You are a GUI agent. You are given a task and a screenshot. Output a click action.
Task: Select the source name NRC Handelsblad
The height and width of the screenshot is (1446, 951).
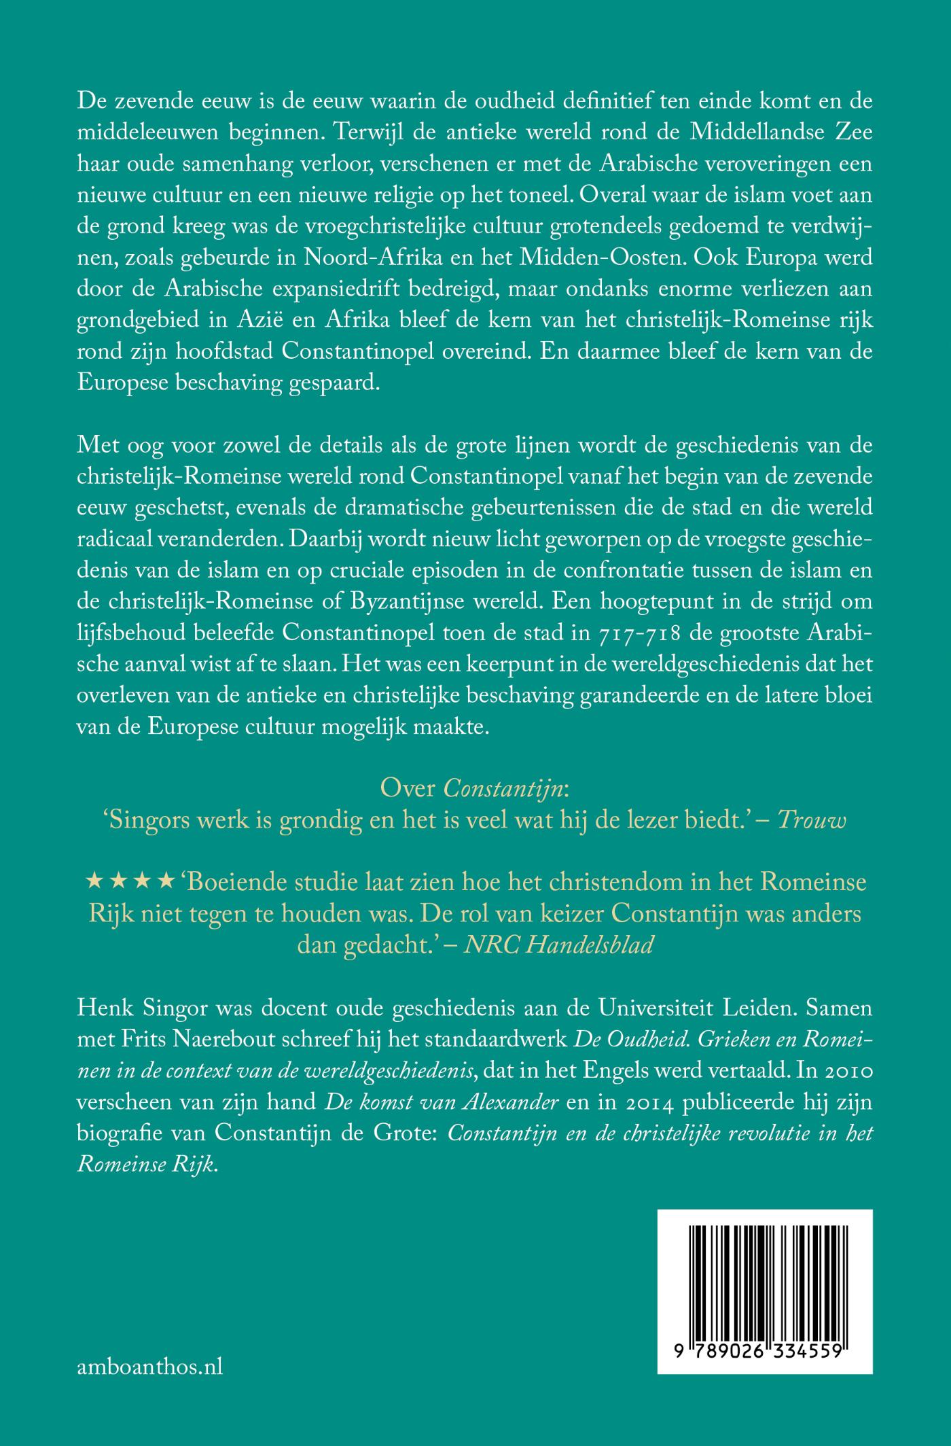click(x=558, y=945)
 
